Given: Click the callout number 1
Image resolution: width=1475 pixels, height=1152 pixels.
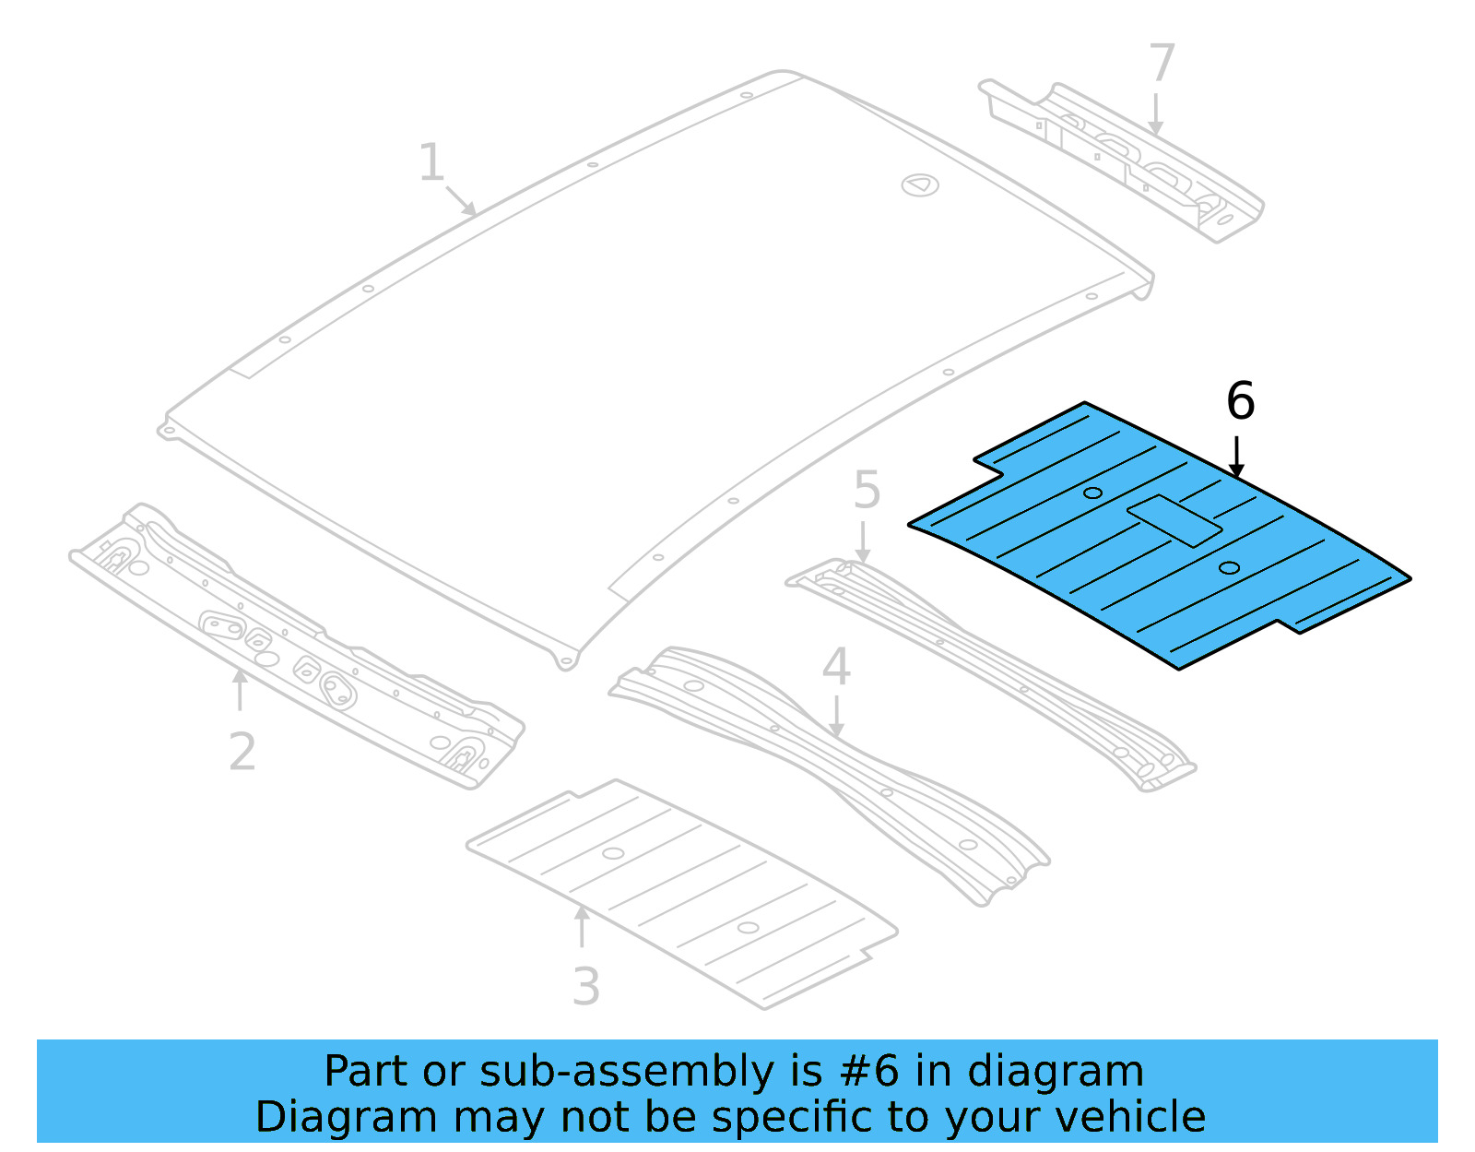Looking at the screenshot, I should pos(431,163).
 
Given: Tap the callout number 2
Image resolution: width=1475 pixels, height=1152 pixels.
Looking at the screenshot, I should pos(242,752).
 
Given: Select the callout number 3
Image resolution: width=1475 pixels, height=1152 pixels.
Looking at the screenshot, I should pos(586,987).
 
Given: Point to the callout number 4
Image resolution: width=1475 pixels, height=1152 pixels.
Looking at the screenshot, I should pos(835,667).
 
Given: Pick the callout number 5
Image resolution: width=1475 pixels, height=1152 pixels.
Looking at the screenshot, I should pos(867,490).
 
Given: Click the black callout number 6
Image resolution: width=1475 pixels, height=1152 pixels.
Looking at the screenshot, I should pos(1240,401).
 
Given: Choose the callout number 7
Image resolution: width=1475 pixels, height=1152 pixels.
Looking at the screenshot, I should pos(1162,64).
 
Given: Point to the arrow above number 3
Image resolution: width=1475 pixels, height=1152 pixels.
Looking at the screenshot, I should pos(582,927).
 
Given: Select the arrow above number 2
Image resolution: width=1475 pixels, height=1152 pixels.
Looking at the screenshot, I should pos(240,689).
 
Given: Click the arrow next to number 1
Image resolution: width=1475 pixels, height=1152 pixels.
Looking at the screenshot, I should pos(461,200).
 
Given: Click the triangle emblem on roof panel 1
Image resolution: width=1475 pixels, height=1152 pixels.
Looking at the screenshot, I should pos(919,185).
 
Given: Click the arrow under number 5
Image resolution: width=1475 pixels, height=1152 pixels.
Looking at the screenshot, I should pos(862,541).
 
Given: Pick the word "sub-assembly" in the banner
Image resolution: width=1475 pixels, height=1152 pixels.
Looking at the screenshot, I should pos(627,1072).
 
